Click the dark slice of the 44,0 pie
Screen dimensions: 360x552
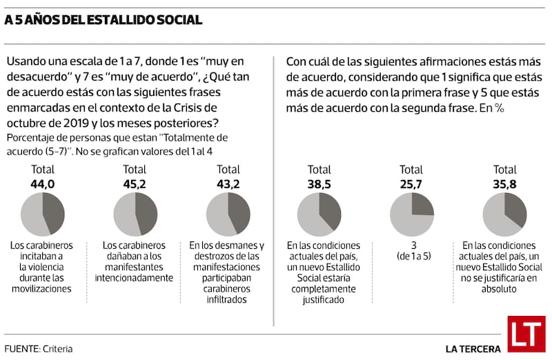54,212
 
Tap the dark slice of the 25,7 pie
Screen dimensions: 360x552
421,204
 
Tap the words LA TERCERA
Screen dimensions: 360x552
473,349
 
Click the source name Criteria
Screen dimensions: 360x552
57,349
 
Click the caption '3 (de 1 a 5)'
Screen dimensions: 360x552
411,250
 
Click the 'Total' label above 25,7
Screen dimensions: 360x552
411,170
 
